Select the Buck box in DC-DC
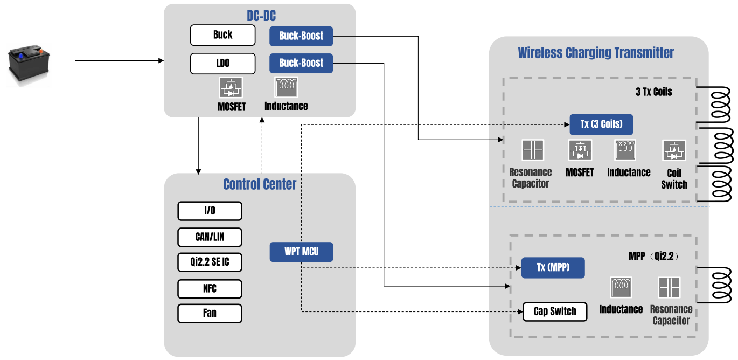pyautogui.click(x=222, y=36)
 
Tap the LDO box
pyautogui.click(x=222, y=64)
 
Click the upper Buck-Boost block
pyautogui.click(x=301, y=36)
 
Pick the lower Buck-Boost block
pyautogui.click(x=301, y=64)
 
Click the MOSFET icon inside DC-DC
pyautogui.click(x=231, y=87)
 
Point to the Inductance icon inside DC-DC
pyautogui.click(x=286, y=87)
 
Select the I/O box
pyautogui.click(x=210, y=211)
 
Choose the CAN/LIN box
pyautogui.click(x=210, y=237)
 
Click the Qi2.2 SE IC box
pyautogui.click(x=210, y=262)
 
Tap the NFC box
pyautogui.click(x=210, y=289)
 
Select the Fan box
pyautogui.click(x=210, y=313)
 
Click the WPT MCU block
pyautogui.click(x=301, y=252)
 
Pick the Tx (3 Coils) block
pyautogui.click(x=601, y=124)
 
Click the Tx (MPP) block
pyautogui.click(x=553, y=268)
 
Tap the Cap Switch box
pyautogui.click(x=555, y=312)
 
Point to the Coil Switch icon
pyautogui.click(x=674, y=150)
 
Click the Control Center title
pyautogui.click(x=260, y=184)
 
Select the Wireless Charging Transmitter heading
pyautogui.click(x=596, y=53)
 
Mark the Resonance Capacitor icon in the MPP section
pyautogui.click(x=670, y=288)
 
